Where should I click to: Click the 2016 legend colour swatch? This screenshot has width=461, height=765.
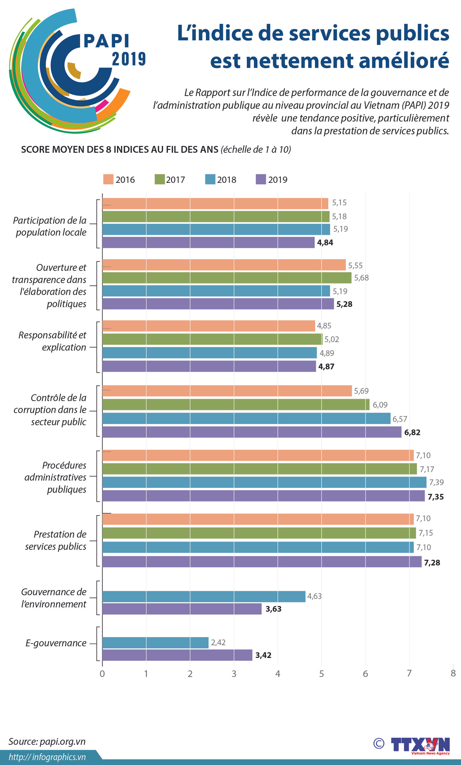tap(108, 179)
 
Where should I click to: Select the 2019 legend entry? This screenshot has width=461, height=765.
tap(272, 180)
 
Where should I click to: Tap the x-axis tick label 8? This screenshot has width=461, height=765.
tap(453, 673)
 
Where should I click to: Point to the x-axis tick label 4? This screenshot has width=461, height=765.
tap(278, 674)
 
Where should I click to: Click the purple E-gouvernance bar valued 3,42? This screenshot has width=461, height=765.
tap(177, 655)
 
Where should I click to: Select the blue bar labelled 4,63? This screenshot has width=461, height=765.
tap(204, 596)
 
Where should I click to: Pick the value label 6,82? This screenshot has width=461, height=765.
tap(412, 432)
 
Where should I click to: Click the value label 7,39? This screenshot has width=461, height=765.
tap(436, 482)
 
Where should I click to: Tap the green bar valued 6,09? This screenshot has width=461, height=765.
tap(236, 404)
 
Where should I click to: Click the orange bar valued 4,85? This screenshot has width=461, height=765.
tap(209, 326)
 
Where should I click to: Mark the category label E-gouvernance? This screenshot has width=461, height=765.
tap(56, 643)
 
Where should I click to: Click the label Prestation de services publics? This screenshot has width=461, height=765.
tap(56, 540)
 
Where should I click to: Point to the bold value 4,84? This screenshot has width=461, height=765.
tap(325, 243)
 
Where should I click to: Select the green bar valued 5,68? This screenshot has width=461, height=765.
tap(227, 278)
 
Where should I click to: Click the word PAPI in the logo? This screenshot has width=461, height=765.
tap(106, 41)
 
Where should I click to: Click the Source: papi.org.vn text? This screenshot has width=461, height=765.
tap(47, 742)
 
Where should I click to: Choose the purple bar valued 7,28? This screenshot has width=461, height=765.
tap(262, 562)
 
